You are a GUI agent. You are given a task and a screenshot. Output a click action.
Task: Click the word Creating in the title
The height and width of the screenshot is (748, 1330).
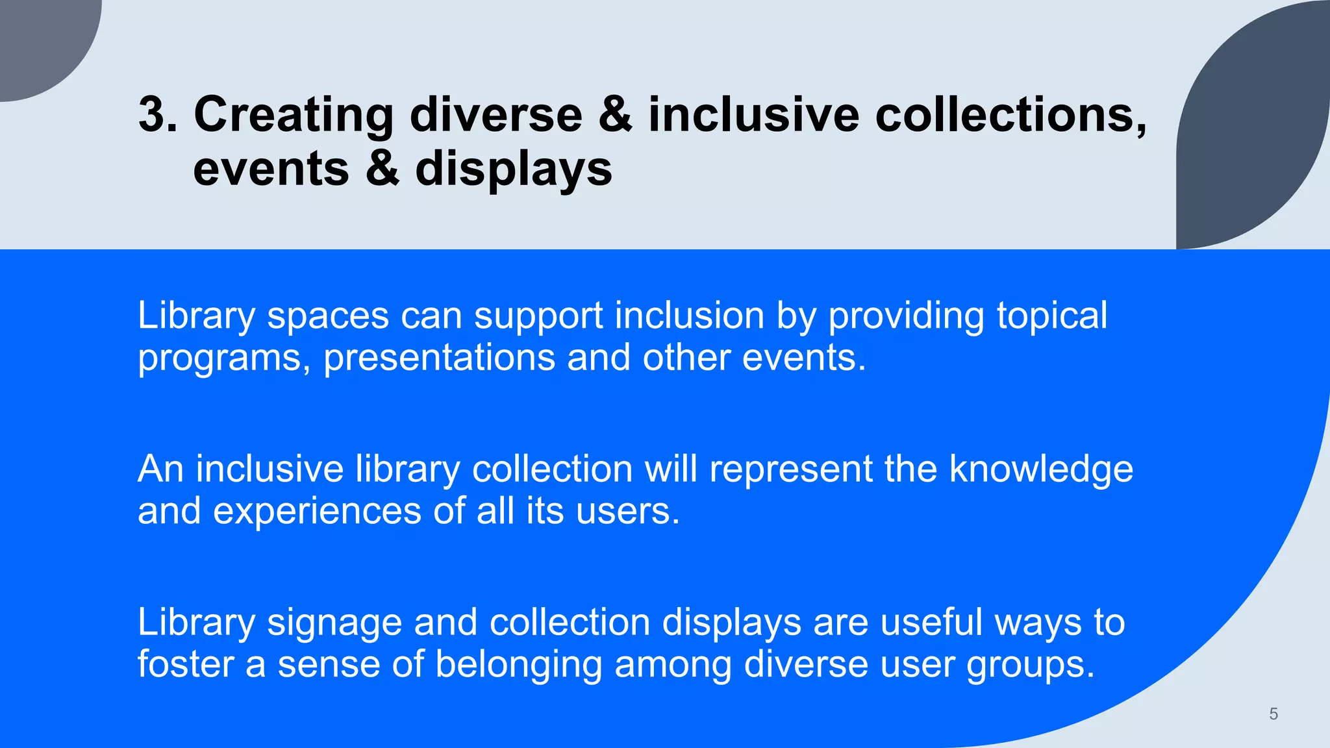(294, 116)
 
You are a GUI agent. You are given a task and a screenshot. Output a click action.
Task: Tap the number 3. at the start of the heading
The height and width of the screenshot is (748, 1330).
(158, 116)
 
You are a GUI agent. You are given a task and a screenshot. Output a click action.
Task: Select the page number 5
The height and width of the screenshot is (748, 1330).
(1273, 714)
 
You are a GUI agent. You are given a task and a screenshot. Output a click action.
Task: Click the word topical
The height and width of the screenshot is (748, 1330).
(1052, 317)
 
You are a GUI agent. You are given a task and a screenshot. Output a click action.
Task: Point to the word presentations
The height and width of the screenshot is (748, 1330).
(439, 359)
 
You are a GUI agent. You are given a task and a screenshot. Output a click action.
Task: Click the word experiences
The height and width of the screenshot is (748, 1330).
(317, 511)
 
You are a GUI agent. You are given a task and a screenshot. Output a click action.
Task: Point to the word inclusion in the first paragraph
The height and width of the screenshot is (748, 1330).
(689, 316)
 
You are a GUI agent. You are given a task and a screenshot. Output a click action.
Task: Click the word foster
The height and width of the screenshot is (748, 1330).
(185, 664)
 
